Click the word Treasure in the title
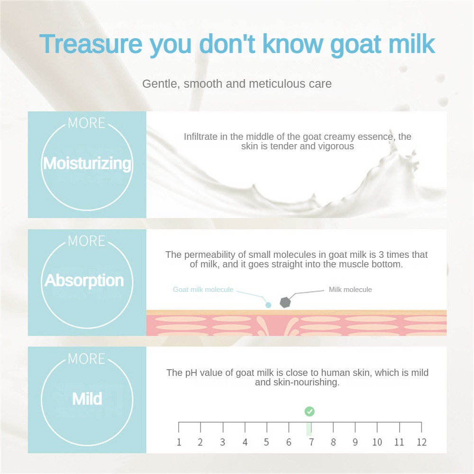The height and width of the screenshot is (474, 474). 91,44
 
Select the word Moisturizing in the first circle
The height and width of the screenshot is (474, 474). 87,164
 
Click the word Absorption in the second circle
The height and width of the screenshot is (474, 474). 84,281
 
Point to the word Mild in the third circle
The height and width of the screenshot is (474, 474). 87,399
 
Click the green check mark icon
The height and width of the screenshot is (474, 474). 309,411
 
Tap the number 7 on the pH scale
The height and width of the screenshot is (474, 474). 311,442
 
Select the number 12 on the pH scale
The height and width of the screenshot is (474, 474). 421,442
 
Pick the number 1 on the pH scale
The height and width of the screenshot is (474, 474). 179,442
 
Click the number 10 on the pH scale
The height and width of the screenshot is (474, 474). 377,442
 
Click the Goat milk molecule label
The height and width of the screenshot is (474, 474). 203,290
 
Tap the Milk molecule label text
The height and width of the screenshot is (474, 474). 350,290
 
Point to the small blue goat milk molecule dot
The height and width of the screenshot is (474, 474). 268,305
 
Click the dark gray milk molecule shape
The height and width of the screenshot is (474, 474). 285,302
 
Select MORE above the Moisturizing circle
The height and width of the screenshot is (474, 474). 86,123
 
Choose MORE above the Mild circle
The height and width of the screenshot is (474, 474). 86,359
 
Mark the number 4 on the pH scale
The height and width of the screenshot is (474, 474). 245,442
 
